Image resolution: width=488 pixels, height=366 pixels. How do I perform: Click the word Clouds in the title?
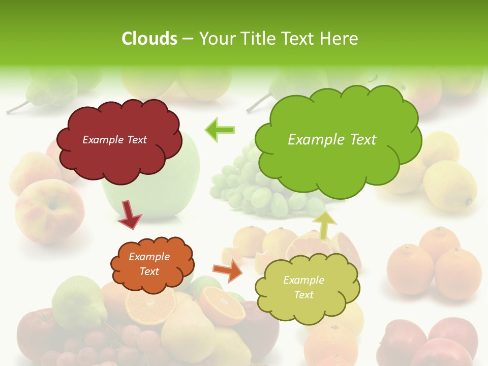[149, 38]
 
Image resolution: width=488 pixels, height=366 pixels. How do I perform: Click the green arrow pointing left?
[220, 130]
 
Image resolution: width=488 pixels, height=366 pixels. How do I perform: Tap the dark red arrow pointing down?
[129, 215]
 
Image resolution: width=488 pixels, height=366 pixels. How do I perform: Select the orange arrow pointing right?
[228, 270]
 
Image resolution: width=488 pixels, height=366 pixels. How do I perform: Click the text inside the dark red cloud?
[114, 140]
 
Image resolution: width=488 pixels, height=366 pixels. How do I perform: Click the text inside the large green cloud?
[332, 140]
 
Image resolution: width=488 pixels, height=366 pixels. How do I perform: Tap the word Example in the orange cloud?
[149, 257]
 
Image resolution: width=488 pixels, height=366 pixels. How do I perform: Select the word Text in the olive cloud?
[303, 295]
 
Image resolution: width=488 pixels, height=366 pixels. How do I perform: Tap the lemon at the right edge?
[450, 186]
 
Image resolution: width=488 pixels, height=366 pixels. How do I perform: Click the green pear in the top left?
[48, 89]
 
